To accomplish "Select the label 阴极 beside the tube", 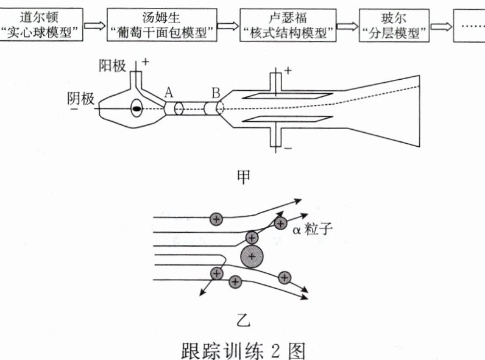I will [x=81, y=98].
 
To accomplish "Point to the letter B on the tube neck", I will [x=216, y=93].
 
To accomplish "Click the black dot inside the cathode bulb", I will [x=137, y=110].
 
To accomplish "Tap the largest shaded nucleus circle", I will [x=253, y=256].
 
